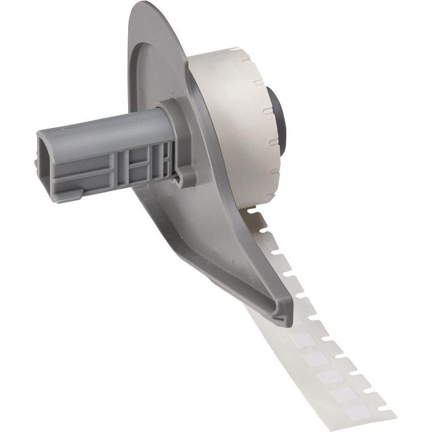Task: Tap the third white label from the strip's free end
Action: pyautogui.click(x=331, y=376)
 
